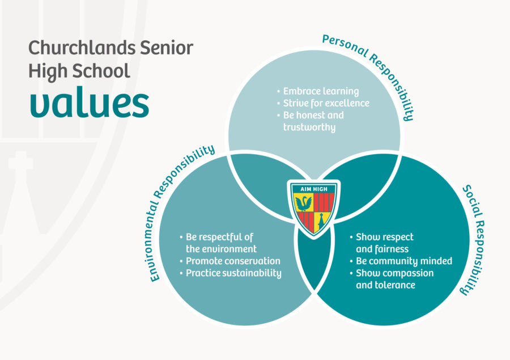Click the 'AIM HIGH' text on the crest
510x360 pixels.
coord(313,189)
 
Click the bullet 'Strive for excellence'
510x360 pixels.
coord(323,104)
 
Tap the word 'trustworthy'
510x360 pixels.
coord(309,127)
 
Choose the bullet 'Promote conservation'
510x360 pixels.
coord(230,261)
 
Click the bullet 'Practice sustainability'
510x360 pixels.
coord(231,273)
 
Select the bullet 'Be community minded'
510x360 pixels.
coord(401,261)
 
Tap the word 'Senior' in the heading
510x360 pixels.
coord(167,48)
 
